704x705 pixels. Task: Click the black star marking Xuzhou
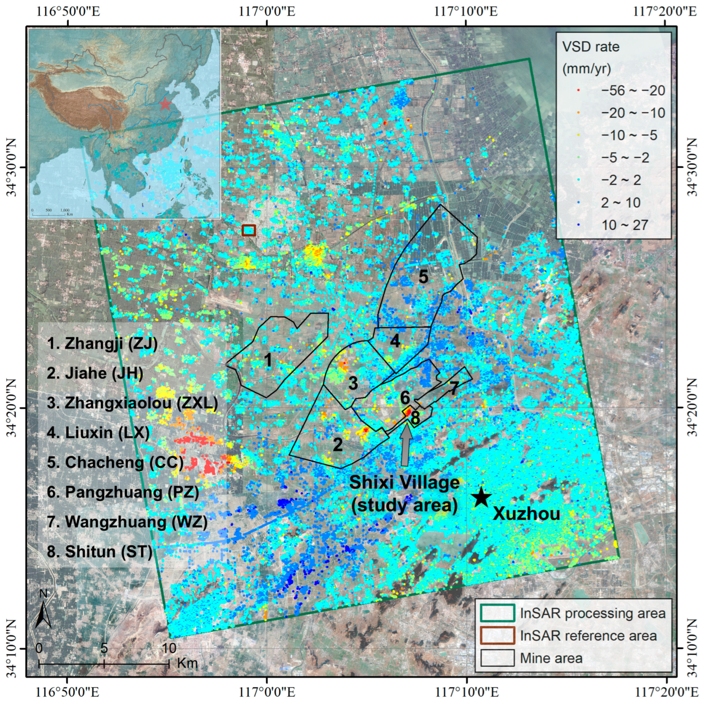[481, 497]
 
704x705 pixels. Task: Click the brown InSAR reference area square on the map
[249, 230]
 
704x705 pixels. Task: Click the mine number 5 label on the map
[423, 277]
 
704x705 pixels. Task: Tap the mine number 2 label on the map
[337, 445]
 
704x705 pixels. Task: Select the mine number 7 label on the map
[453, 389]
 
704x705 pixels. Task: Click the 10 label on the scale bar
[168, 648]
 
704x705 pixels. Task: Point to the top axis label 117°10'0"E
[466, 12]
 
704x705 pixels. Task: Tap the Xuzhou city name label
[526, 514]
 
